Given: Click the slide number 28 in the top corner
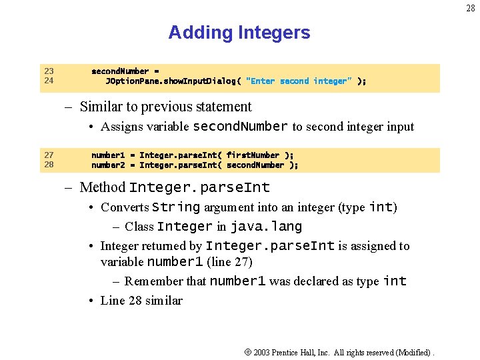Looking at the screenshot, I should pos(471,9).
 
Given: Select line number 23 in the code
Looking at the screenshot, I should pos(49,71).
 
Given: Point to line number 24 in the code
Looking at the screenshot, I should pos(49,81).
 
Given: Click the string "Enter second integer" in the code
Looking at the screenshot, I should pos(299,81).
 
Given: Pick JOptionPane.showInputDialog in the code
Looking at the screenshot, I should pos(170,81).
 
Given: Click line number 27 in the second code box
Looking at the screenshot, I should pos(49,155).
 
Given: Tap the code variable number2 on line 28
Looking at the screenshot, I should pos(108,165).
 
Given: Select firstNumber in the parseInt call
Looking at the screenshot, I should pos(253,155).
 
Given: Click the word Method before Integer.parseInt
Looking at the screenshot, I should pos(103,187).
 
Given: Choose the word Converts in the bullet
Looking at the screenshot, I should pos(125,207).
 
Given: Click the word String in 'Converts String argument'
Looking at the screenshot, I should pos(176,207).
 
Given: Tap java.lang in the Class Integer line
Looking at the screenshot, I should pos(266,227).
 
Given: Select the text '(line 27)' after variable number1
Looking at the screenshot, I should pos(229,261).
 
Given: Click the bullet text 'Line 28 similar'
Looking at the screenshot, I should pos(141,301).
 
